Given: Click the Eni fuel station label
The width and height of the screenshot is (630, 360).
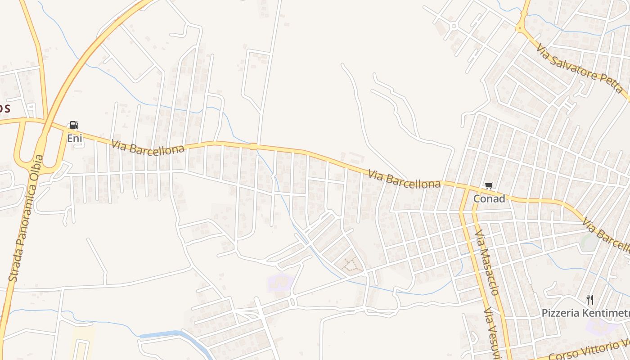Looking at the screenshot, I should click(x=75, y=138).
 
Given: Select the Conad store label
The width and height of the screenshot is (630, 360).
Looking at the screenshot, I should click(x=489, y=198).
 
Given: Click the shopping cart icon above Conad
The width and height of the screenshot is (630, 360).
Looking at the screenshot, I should click(x=489, y=185).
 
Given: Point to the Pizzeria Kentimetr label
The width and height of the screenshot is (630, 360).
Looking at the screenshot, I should click(x=585, y=313).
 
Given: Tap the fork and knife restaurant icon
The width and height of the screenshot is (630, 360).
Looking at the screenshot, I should click(x=589, y=299).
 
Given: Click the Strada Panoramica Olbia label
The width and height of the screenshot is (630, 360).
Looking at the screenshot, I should click(x=26, y=218).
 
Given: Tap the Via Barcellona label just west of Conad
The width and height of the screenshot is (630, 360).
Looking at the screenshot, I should click(x=405, y=179).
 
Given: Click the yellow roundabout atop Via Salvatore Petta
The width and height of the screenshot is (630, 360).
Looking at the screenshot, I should click(x=522, y=27).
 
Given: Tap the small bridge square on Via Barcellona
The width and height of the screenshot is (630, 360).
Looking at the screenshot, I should click(x=253, y=146).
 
